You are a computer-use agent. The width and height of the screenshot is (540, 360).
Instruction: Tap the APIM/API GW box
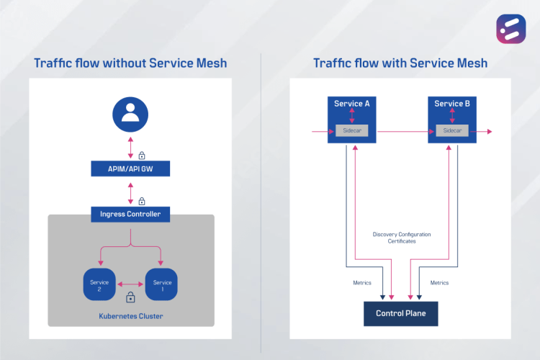coord(130,168)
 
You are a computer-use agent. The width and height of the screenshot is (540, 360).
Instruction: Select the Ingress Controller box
coord(130,214)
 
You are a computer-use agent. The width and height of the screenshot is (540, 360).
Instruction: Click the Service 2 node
coord(99,286)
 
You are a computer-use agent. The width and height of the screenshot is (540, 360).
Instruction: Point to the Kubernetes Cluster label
coord(130,316)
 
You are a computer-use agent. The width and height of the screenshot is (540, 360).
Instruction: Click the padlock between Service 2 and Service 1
coord(130,297)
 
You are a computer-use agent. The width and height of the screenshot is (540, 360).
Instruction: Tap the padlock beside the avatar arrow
coord(142,155)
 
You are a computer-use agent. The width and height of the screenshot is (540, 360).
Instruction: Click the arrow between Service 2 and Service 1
coord(131,283)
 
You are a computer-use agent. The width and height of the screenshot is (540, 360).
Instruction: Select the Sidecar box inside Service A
coord(353,131)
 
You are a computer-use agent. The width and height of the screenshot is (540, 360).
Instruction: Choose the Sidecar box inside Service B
coord(452,131)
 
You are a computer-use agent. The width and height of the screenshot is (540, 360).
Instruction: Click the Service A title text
coord(352,104)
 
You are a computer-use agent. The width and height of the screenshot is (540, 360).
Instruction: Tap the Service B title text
coord(452,104)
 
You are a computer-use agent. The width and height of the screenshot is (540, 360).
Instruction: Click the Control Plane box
coord(400,313)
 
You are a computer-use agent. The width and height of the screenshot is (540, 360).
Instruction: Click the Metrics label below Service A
coord(362,283)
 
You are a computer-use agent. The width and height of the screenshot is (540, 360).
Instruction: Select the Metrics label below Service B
coord(439,283)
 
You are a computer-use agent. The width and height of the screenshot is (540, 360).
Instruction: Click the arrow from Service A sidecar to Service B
coord(402,132)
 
